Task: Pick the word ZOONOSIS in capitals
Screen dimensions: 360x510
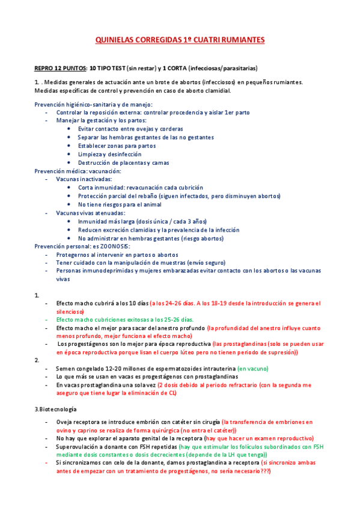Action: pyautogui.click(x=115, y=247)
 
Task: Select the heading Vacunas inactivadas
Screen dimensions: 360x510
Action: pyautogui.click(x=84, y=179)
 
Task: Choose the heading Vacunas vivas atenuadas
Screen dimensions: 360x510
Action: pyautogui.click(x=91, y=213)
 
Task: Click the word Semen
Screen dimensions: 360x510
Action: pyautogui.click(x=66, y=368)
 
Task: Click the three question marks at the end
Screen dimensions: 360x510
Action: pyautogui.click(x=262, y=471)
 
